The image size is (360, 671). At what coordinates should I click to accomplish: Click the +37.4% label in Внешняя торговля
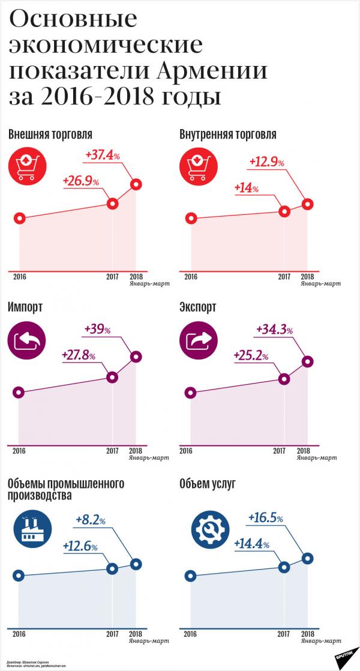pos(103,155)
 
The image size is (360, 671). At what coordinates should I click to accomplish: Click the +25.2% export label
pos(251,357)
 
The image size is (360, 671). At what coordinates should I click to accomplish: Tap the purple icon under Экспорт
pos(196,342)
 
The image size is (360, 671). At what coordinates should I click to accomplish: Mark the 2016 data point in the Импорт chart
pos(19,393)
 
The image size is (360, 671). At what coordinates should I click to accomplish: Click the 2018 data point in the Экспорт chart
pos(307,361)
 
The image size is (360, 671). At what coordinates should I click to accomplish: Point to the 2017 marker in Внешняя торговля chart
pos(112,203)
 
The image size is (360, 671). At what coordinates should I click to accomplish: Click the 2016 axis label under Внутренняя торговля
pos(191,277)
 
